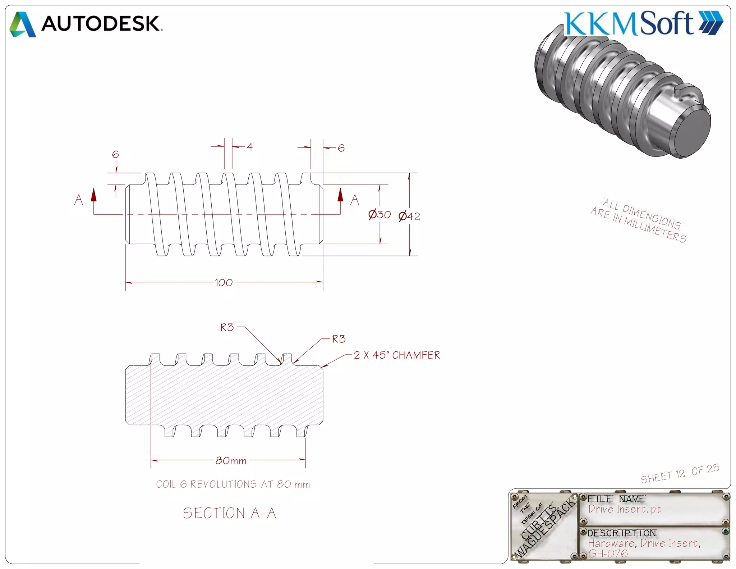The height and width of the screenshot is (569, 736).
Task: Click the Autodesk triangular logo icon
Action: click(22, 24)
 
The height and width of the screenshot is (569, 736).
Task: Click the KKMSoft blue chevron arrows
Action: click(710, 23)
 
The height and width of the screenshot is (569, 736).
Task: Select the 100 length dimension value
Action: click(224, 283)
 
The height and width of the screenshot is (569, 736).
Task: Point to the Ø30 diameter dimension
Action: click(379, 215)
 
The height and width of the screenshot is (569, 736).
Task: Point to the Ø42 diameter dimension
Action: click(409, 216)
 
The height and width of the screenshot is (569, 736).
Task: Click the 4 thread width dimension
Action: click(250, 147)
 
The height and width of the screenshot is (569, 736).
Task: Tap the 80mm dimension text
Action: click(231, 461)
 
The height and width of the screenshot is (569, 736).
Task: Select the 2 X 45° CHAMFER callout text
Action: click(396, 355)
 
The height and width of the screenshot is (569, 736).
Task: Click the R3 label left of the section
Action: click(227, 327)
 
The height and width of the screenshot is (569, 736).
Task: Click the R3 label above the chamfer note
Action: click(339, 339)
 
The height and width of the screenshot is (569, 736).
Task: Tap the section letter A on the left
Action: click(78, 200)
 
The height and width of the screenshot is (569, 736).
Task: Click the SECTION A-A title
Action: click(229, 513)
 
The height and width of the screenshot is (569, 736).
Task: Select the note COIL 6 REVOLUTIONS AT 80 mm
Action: click(233, 484)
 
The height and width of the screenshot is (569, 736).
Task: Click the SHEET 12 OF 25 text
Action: click(680, 474)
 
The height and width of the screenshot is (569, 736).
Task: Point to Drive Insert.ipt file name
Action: click(625, 509)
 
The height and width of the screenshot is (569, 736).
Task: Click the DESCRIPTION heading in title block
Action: click(621, 533)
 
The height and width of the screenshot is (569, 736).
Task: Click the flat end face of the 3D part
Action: click(691, 133)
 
